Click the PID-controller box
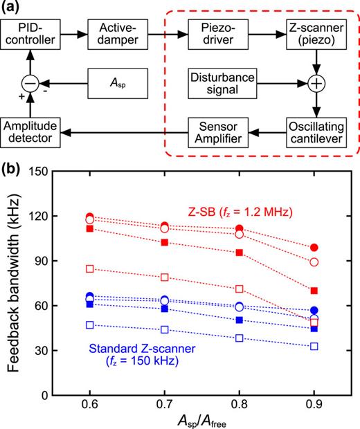pyautogui.click(x=41, y=33)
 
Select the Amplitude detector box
pyautogui.click(x=41, y=129)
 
